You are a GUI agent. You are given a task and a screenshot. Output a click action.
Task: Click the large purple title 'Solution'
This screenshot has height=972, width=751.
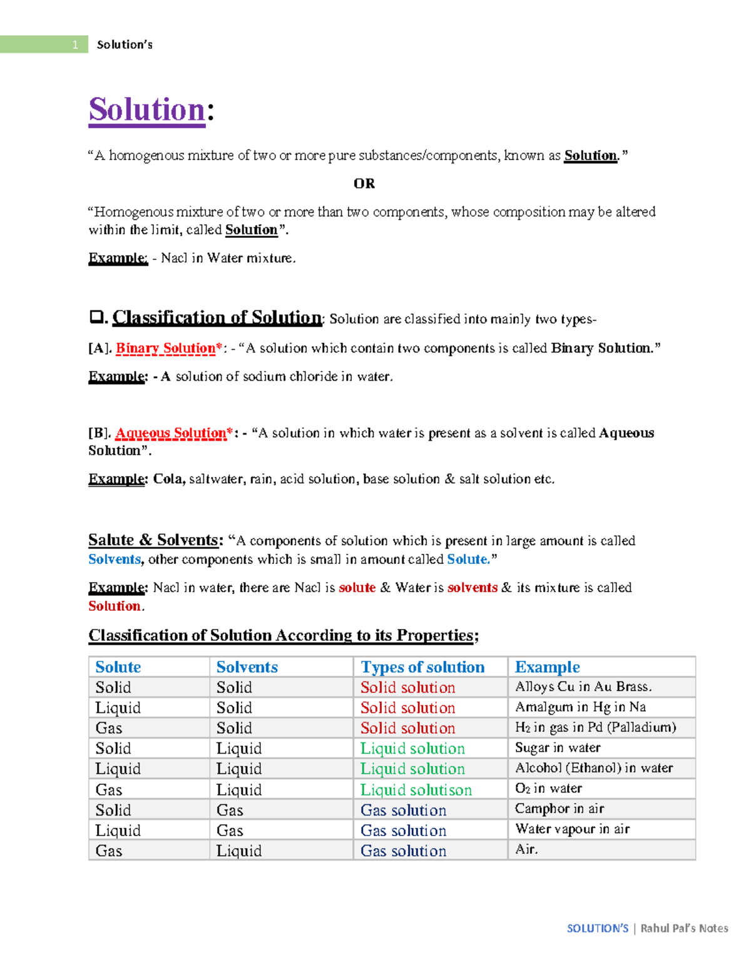pos(147,110)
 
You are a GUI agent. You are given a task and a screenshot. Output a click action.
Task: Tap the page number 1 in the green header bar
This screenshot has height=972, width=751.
pos(75,44)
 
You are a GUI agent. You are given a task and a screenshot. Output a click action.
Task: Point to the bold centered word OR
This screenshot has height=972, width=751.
pos(364,183)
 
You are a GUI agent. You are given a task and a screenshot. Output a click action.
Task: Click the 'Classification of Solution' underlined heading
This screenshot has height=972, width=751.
pos(217,317)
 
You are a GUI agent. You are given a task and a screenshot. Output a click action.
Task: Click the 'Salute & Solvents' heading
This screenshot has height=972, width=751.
pos(154,540)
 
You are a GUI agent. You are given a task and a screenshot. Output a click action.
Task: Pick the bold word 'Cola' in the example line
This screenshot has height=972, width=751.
pos(168,479)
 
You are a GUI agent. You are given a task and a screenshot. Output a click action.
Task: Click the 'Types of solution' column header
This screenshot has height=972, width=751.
pos(422,667)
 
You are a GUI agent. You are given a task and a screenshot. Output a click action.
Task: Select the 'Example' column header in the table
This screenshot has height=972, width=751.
pos(547,667)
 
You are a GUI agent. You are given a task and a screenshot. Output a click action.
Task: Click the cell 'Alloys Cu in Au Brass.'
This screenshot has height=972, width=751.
pos(583,687)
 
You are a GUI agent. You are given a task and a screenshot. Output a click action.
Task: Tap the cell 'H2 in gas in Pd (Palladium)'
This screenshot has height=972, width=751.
pos(595,727)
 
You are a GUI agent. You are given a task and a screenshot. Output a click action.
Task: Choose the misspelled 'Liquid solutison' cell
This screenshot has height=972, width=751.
pos(416,790)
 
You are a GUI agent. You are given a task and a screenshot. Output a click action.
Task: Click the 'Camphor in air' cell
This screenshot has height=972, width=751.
pos(559,809)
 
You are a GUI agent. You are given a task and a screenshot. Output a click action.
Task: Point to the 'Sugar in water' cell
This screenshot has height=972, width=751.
pos(558,748)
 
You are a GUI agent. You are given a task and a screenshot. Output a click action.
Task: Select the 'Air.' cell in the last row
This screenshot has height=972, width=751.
pos(526,849)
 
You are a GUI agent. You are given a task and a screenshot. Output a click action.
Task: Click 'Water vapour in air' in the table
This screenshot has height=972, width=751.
pos(572,829)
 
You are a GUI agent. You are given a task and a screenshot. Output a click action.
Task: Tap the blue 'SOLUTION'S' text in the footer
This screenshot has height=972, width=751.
pos(597,928)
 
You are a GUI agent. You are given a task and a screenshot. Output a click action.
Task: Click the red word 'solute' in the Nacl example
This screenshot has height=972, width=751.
pos(357,588)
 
